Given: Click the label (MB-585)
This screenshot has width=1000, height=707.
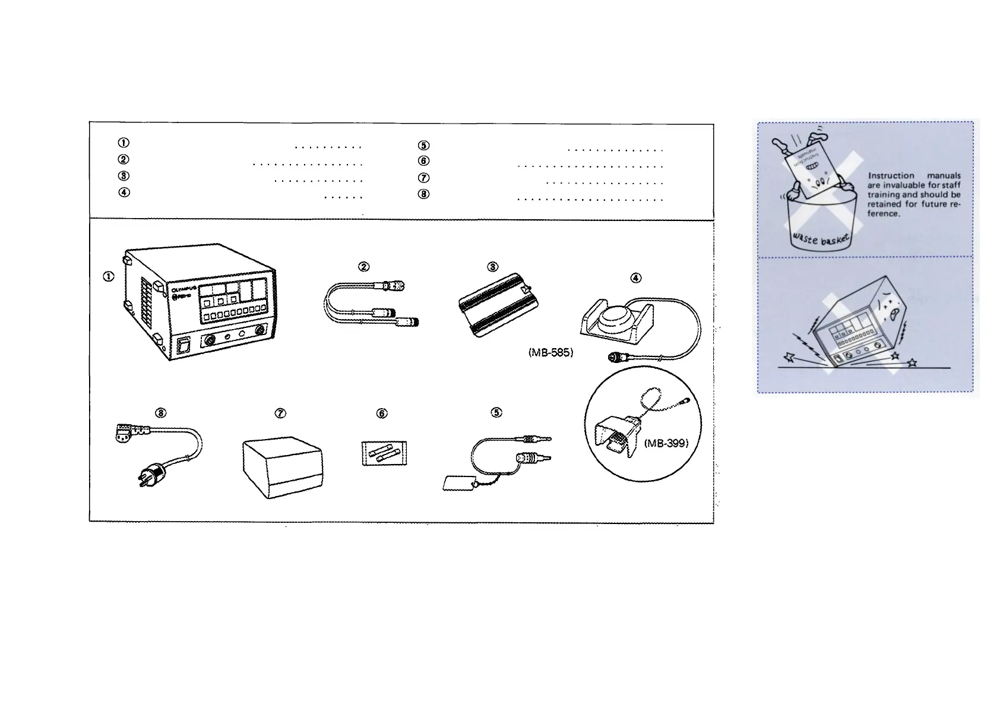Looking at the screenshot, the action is [x=550, y=352].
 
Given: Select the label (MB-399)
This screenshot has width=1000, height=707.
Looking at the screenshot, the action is [x=666, y=443].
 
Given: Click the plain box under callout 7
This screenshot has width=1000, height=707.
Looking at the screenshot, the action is [x=282, y=466].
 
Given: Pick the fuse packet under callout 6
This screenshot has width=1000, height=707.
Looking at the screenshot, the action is [x=384, y=454].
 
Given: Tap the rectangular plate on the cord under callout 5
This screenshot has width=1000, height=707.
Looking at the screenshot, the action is [x=459, y=482].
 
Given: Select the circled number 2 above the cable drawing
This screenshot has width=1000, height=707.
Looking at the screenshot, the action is [x=364, y=267].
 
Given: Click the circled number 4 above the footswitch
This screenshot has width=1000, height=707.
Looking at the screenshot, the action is [x=635, y=277].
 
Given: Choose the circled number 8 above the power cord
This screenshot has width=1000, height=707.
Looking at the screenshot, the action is [x=160, y=414].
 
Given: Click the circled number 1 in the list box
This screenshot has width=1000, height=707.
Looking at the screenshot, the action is [x=124, y=143].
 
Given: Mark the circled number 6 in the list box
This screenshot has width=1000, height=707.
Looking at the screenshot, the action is [x=423, y=161].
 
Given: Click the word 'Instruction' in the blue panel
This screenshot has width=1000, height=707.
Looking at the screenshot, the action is [x=891, y=176].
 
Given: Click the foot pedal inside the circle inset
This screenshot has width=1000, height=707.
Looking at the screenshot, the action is [x=618, y=440].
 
